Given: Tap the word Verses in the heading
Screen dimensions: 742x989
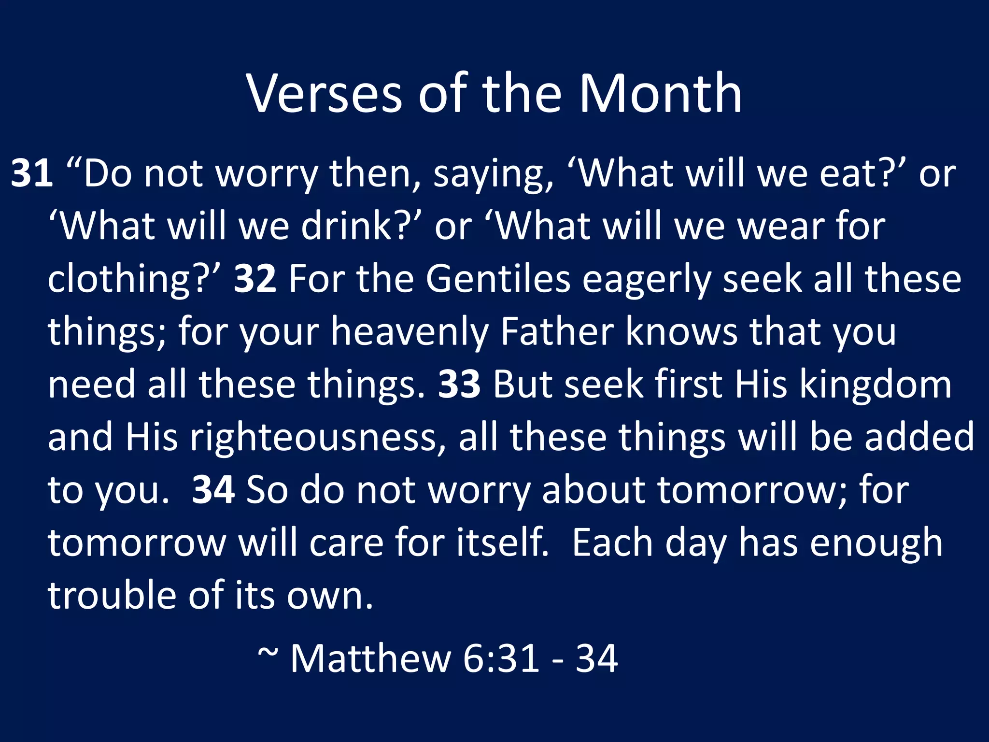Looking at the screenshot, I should click(324, 93).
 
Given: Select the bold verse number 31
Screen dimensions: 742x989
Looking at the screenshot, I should click(32, 173).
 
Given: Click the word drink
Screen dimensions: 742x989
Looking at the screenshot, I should click(352, 226).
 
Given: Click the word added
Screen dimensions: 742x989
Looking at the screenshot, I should click(919, 437).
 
